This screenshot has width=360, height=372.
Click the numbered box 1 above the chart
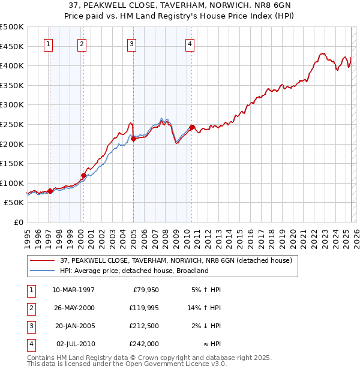[x=47, y=43]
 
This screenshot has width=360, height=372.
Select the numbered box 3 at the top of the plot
[x=131, y=43]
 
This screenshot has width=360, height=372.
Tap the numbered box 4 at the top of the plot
[x=189, y=43]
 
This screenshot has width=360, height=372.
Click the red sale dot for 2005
[x=133, y=139]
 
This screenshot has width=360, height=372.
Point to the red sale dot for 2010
[x=191, y=127]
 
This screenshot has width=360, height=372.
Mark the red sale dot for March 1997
[x=50, y=191]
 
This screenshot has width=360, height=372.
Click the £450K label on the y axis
[x=12, y=46]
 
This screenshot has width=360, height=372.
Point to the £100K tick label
[x=12, y=183]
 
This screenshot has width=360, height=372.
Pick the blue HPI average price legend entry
[x=134, y=271]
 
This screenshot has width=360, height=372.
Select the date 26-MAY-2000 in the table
[x=74, y=308]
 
